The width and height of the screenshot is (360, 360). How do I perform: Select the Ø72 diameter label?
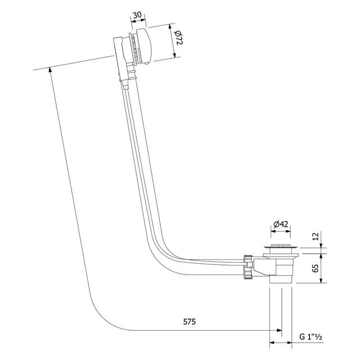pyautogui.click(x=179, y=39)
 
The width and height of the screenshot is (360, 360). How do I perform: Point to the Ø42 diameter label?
pyautogui.click(x=281, y=224)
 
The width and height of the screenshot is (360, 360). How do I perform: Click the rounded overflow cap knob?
pyautogui.click(x=149, y=47)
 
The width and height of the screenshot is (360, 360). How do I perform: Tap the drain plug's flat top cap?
pyautogui.click(x=280, y=246)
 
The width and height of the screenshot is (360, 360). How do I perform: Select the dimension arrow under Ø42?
pyautogui.click(x=281, y=232)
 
